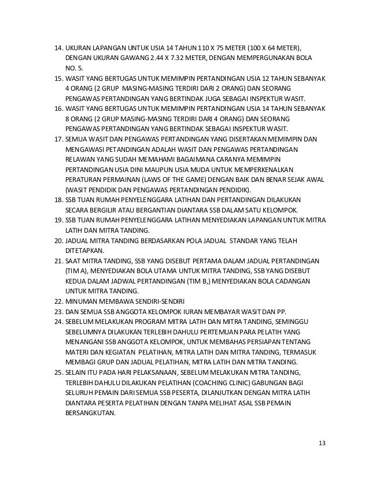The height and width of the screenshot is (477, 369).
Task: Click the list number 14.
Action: pos(57,47)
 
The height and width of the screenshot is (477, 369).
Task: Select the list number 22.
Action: pos(57,301)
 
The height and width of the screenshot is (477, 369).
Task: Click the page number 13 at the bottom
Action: pos(322,443)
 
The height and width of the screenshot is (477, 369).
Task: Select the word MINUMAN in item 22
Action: pos(84,301)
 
